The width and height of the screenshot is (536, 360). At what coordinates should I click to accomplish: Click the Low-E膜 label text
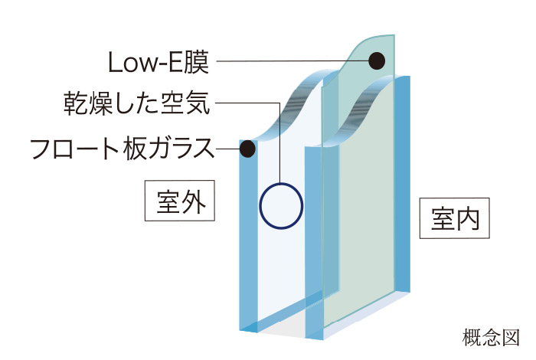pos(159,62)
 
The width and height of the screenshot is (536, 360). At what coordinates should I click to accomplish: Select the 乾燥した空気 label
pos(137,103)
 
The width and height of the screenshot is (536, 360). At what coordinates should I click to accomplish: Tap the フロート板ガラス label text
pos(123,149)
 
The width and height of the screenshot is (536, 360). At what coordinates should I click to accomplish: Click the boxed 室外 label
pos(180,201)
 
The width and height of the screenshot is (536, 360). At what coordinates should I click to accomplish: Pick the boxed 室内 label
pos(455,218)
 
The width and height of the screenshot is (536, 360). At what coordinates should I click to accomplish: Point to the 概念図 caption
pos(492,338)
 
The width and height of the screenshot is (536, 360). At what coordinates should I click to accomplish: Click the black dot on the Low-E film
pos(377,61)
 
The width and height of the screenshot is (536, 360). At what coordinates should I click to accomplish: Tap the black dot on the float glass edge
pos(247,149)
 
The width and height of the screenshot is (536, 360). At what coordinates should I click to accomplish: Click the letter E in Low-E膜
pos(175,62)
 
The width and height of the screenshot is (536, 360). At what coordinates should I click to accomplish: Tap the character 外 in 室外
pos(194,201)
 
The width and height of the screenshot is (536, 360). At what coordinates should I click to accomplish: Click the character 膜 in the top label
pos(196,62)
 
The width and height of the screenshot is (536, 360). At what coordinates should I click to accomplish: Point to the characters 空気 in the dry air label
pos(185,103)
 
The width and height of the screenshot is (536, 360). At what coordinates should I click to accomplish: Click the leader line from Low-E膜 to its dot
pos(293,61)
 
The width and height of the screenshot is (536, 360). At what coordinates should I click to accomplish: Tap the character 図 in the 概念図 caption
pos(511,338)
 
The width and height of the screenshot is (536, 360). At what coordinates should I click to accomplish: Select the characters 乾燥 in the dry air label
pos(88,103)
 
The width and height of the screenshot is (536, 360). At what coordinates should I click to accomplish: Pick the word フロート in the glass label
pos(74,149)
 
